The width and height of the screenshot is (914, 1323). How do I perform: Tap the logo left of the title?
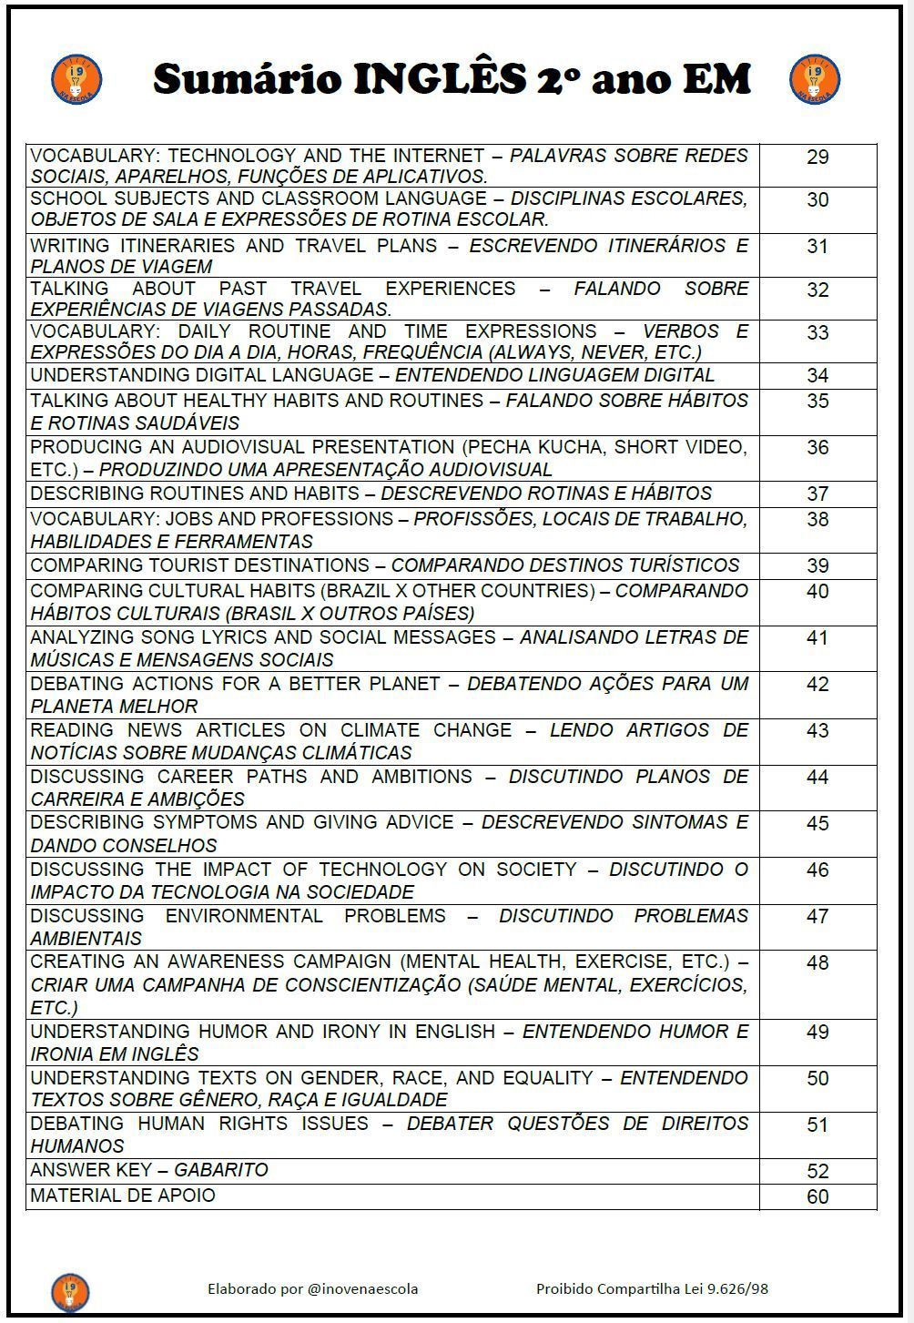[x=76, y=79]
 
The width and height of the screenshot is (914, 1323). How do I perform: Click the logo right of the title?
[x=814, y=79]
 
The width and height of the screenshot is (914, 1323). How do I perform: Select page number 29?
[x=818, y=158]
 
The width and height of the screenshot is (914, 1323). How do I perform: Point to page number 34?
[x=818, y=376]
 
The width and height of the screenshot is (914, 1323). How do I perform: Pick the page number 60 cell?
[x=818, y=1196]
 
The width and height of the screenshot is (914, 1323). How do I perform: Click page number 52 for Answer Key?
[x=818, y=1172]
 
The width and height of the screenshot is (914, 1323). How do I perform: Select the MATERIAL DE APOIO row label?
[x=123, y=1196]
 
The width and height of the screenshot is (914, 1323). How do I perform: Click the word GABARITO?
[x=221, y=1170]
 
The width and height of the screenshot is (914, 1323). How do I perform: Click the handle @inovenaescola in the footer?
[x=363, y=1288]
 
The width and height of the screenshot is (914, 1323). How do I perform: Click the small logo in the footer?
[x=70, y=1291]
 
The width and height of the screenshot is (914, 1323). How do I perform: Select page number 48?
[x=818, y=963]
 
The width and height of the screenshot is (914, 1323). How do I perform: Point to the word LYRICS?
[x=229, y=637]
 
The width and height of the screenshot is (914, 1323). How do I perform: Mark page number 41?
[x=818, y=638]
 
